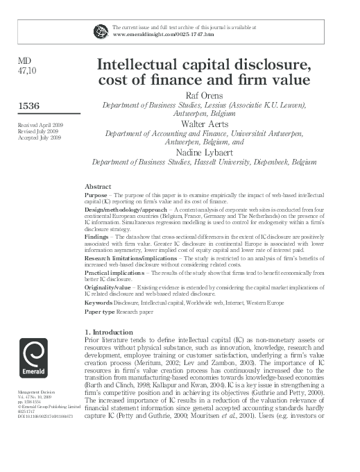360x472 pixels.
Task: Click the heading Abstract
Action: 98,187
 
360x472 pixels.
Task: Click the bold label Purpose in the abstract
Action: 95,196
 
